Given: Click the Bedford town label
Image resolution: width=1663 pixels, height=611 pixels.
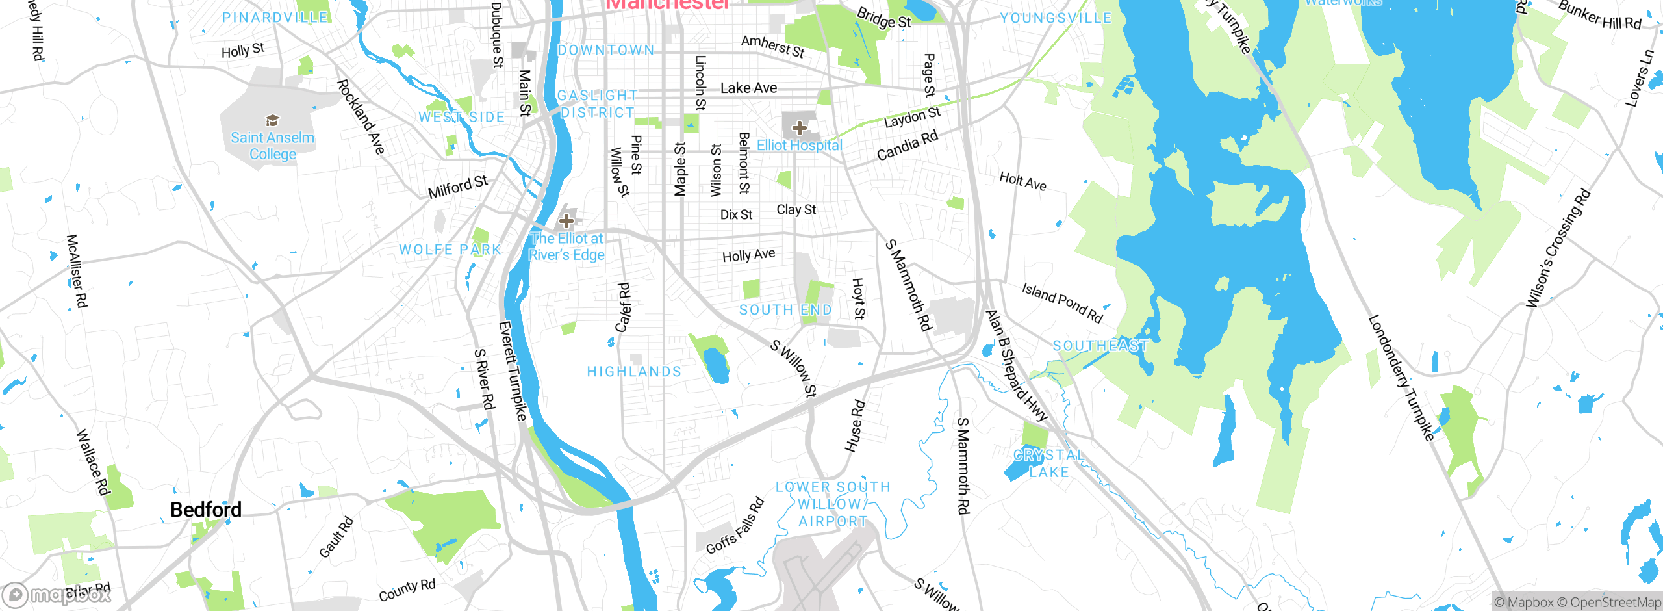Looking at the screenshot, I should [x=205, y=510].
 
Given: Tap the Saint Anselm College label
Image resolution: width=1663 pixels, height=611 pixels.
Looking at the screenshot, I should [x=272, y=146].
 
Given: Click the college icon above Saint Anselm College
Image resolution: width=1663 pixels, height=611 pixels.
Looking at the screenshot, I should [x=272, y=120].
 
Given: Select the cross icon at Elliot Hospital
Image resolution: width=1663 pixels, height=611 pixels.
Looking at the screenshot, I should [x=800, y=128].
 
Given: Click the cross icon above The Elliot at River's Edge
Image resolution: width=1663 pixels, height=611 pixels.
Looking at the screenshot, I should [x=566, y=221].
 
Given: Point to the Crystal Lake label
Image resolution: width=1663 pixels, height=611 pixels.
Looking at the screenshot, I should [x=1048, y=463].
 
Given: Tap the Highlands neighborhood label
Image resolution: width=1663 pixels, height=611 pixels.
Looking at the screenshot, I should [x=634, y=372].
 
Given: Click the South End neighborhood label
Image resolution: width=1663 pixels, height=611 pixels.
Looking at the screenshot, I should [x=785, y=310].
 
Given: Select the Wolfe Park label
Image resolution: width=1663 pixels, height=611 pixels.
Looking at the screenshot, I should [x=450, y=250].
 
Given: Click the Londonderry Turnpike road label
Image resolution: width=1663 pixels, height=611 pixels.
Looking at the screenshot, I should [x=1401, y=378].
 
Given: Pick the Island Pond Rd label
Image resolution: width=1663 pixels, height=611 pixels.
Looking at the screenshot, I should [x=1062, y=302].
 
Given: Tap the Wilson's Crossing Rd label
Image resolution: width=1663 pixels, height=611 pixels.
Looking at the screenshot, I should [x=1558, y=248].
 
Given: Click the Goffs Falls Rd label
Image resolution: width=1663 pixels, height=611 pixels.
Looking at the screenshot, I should [x=735, y=526].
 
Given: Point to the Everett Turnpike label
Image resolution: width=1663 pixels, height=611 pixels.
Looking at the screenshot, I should [x=513, y=370].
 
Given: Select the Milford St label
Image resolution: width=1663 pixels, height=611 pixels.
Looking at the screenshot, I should [x=457, y=187].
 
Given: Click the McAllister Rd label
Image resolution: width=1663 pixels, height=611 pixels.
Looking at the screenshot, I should [x=77, y=271].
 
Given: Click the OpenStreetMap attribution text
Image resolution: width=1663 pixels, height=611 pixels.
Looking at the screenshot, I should [x=1615, y=603].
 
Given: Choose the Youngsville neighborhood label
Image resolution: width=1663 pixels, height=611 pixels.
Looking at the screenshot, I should [x=1056, y=18].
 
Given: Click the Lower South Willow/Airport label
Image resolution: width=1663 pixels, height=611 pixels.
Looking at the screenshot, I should [x=833, y=504].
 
